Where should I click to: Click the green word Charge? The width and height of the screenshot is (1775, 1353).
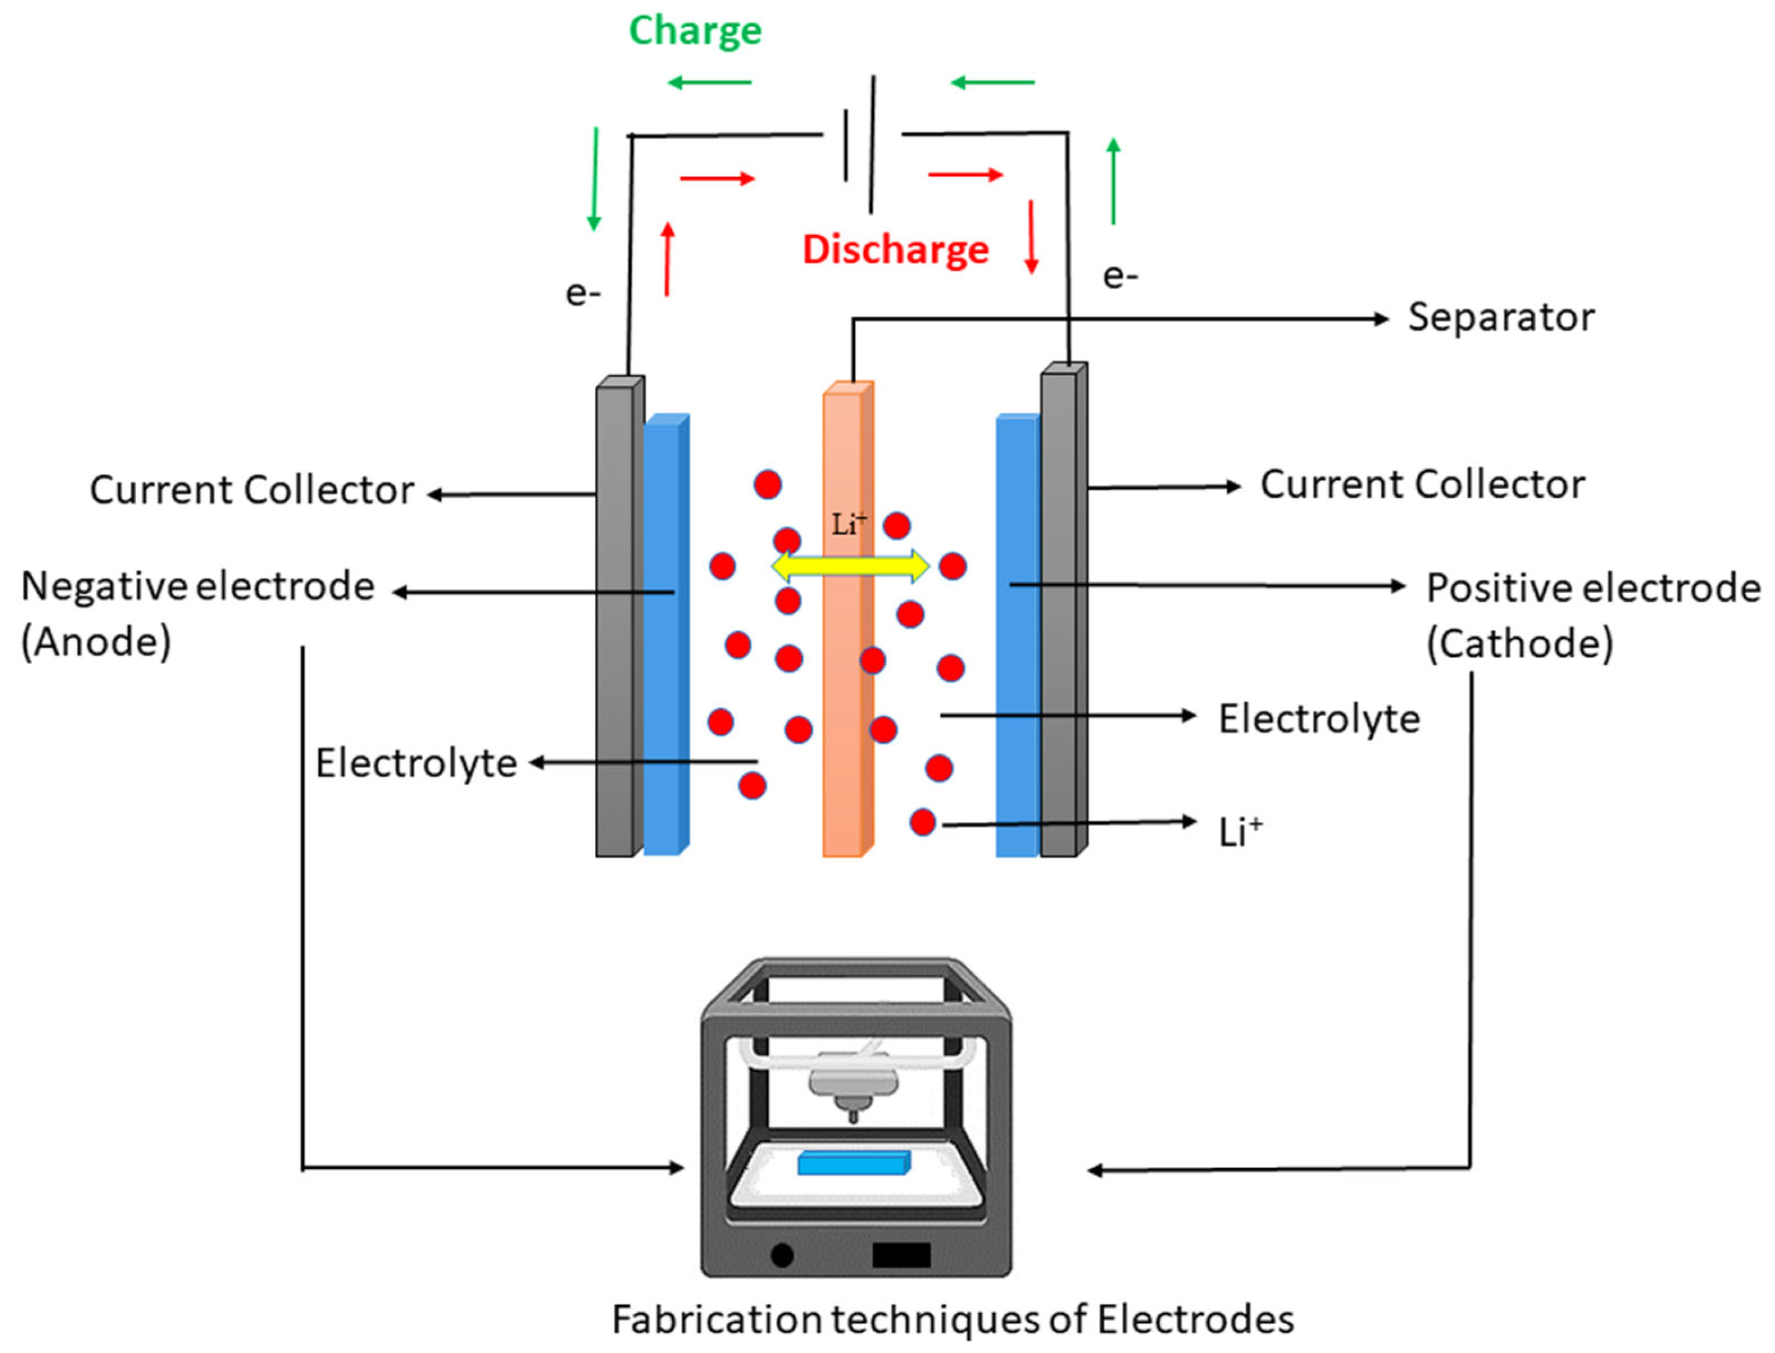[695, 31]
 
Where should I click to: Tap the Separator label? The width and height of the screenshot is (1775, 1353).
[1500, 317]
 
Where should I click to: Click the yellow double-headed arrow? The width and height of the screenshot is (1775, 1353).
[850, 566]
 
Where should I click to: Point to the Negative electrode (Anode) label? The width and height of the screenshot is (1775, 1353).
[198, 612]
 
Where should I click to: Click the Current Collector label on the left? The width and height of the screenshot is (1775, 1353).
[251, 489]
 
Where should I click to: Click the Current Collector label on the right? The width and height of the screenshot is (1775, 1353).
[1422, 485]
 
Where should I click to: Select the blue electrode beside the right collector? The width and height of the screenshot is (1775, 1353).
[1017, 644]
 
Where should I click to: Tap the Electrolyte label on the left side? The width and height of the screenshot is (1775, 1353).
[416, 763]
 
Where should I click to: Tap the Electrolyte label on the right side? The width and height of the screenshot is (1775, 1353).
[1318, 718]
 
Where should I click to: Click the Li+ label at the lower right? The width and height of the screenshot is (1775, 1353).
[1239, 832]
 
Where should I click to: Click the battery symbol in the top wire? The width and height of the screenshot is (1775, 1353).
[859, 145]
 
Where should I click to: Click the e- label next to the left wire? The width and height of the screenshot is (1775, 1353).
[582, 293]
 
